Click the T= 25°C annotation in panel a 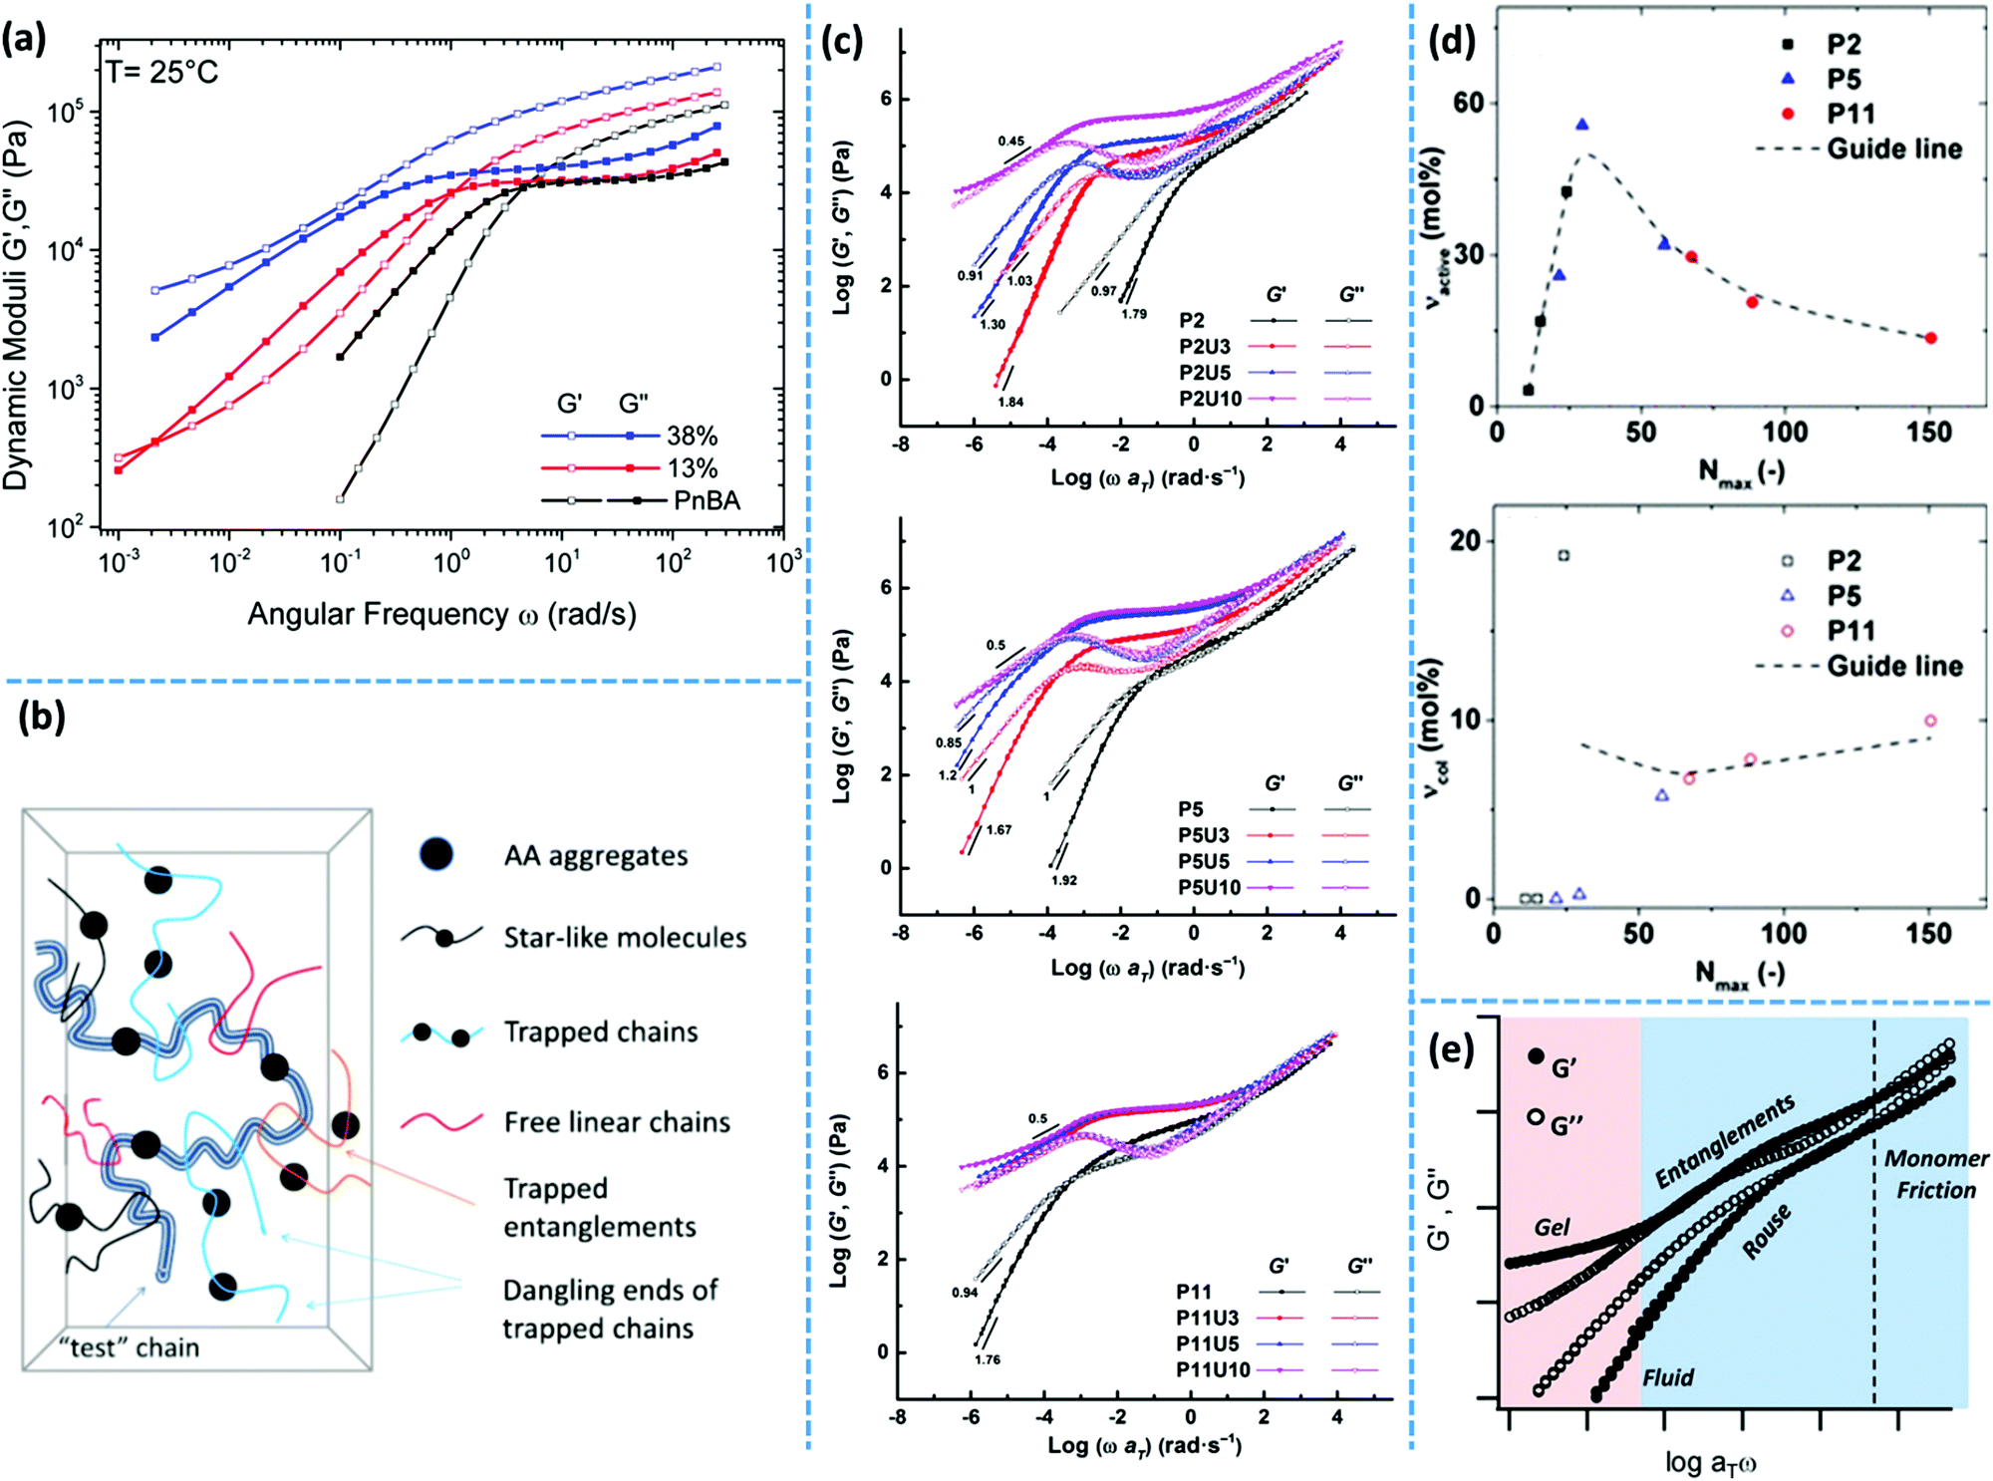coord(161,72)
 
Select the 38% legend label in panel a coord(692,436)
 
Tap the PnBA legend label coord(707,499)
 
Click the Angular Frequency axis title coord(441,614)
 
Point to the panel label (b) coord(41,716)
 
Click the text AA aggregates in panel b coord(595,856)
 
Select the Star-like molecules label coord(624,938)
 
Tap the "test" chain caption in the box coord(129,1347)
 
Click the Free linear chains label coord(616,1122)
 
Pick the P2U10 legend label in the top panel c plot coord(1210,399)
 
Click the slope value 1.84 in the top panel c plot coord(1010,402)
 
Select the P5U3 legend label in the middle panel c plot coord(1203,835)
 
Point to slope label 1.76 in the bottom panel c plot coord(987,1359)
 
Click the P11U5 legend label coord(1207,1343)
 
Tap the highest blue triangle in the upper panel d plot coord(1581,125)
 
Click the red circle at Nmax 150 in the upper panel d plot coord(1930,338)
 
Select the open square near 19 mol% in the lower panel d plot coord(1563,555)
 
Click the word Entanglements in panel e coord(1725,1140)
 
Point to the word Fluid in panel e coord(1668,1377)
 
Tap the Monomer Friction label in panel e coord(1935,1174)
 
